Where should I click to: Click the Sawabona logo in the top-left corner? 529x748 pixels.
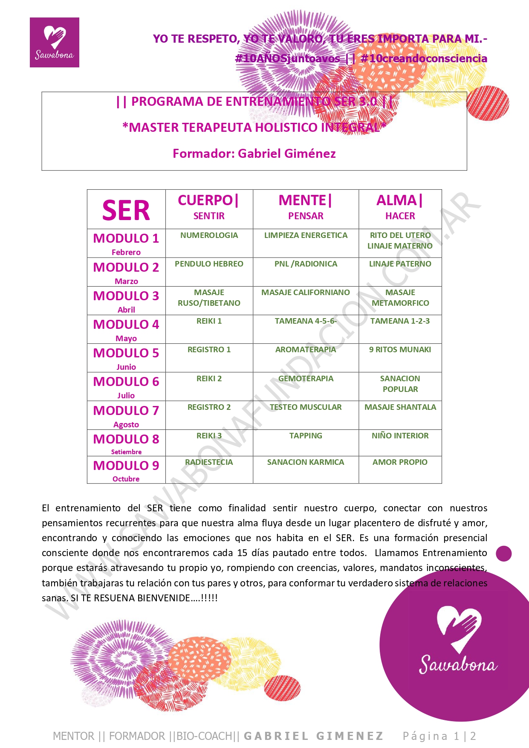pos(54,42)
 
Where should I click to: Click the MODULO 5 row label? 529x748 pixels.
pos(126,353)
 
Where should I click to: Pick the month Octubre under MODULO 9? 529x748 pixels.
pos(126,479)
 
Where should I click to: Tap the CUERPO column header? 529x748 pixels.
pos(208,200)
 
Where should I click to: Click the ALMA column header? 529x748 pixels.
pos(399,200)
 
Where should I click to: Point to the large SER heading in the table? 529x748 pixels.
pos(126,210)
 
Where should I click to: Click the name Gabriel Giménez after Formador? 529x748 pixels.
pos(286,154)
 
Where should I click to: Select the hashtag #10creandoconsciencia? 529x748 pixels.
pos(424,58)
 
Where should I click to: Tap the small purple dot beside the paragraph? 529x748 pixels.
pos(504,554)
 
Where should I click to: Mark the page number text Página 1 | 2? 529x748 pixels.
pos(439,736)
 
